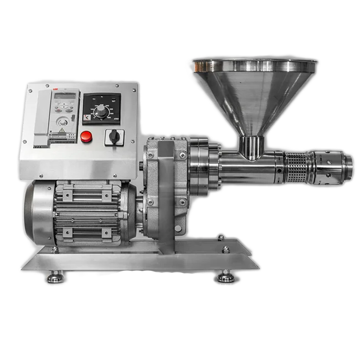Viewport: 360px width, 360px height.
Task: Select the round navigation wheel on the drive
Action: click(63, 121)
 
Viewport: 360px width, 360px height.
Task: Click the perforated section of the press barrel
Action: click(294, 164)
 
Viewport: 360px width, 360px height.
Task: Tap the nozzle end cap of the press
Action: click(346, 164)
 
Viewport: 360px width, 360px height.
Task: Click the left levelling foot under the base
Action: click(54, 276)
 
